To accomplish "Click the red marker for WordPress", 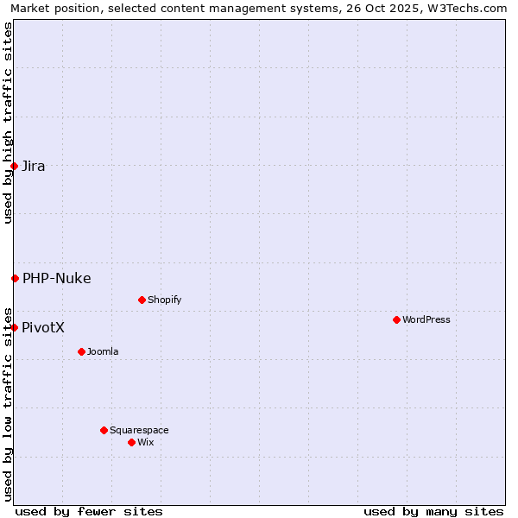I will pos(396,319).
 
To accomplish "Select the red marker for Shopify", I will pos(142,300).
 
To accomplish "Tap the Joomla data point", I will pos(81,351).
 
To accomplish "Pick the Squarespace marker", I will pos(104,430).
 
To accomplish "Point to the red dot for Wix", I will pos(131,442).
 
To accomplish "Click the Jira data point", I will pos(14,166).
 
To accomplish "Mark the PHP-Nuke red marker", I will pos(15,278).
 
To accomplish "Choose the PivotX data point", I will pos(14,327).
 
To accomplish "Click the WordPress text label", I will pos(426,319).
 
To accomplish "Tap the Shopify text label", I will pos(164,300).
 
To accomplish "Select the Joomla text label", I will pos(103,351).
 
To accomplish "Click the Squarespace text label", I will pos(139,430).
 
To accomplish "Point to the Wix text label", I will pos(145,442).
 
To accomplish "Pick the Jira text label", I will pos(33,166).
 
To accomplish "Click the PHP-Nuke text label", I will pos(56,278).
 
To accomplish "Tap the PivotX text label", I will pos(43,327).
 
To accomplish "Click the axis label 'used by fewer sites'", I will pos(89,511).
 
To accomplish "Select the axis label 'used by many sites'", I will pos(433,511).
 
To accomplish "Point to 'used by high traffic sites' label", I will pos(8,123).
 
